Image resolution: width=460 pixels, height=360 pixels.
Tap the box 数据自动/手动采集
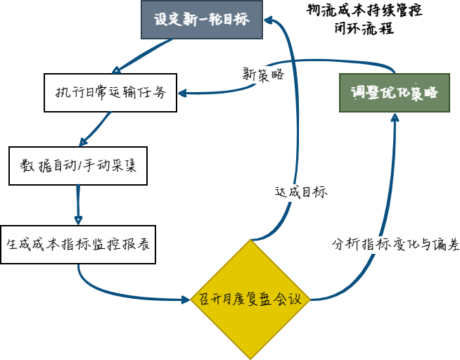tap(79, 167)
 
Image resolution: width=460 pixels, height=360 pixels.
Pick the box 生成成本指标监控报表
tap(78, 245)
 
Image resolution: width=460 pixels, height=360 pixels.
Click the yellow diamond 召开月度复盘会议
tap(250, 300)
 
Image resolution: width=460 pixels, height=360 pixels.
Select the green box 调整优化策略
tap(394, 93)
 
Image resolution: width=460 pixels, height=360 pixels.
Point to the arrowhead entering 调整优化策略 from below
tap(394, 117)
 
